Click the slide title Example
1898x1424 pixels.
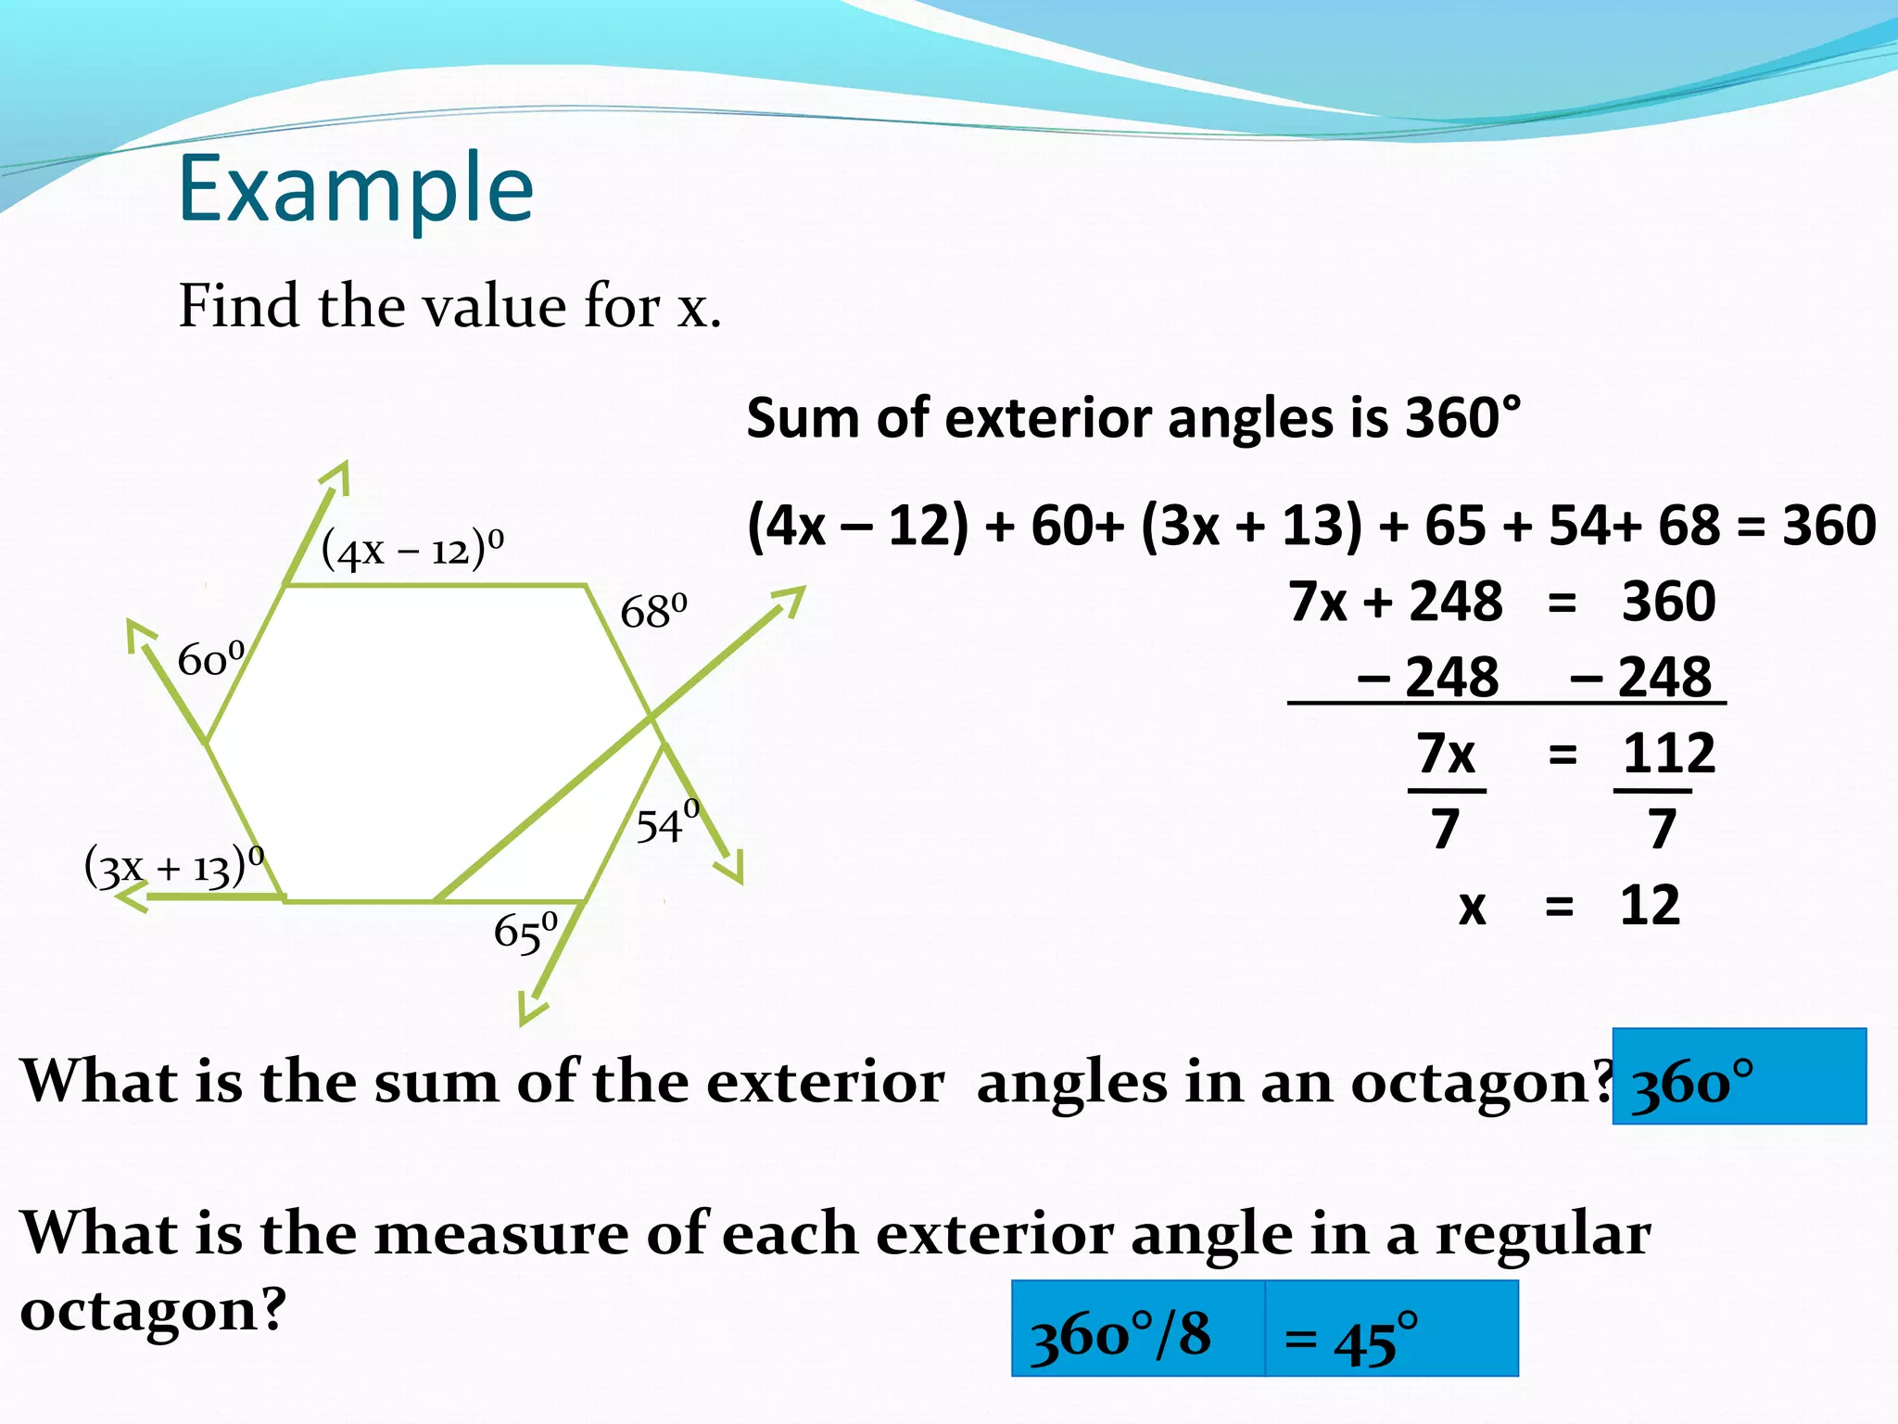tap(356, 189)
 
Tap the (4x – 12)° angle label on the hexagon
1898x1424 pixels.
tap(412, 548)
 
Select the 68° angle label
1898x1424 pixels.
tap(653, 612)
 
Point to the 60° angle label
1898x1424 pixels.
tap(211, 659)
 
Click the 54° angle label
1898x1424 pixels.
tap(667, 823)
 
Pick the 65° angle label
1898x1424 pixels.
tap(525, 932)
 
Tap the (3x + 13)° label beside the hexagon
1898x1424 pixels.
tap(174, 867)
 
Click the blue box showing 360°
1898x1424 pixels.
tap(1739, 1076)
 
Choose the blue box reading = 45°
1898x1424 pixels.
tap(1391, 1329)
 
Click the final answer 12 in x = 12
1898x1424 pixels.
tap(1650, 906)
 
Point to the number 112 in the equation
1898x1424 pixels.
tap(1668, 754)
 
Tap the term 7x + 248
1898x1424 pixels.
tap(1395, 602)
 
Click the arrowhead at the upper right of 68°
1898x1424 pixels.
tap(790, 600)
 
